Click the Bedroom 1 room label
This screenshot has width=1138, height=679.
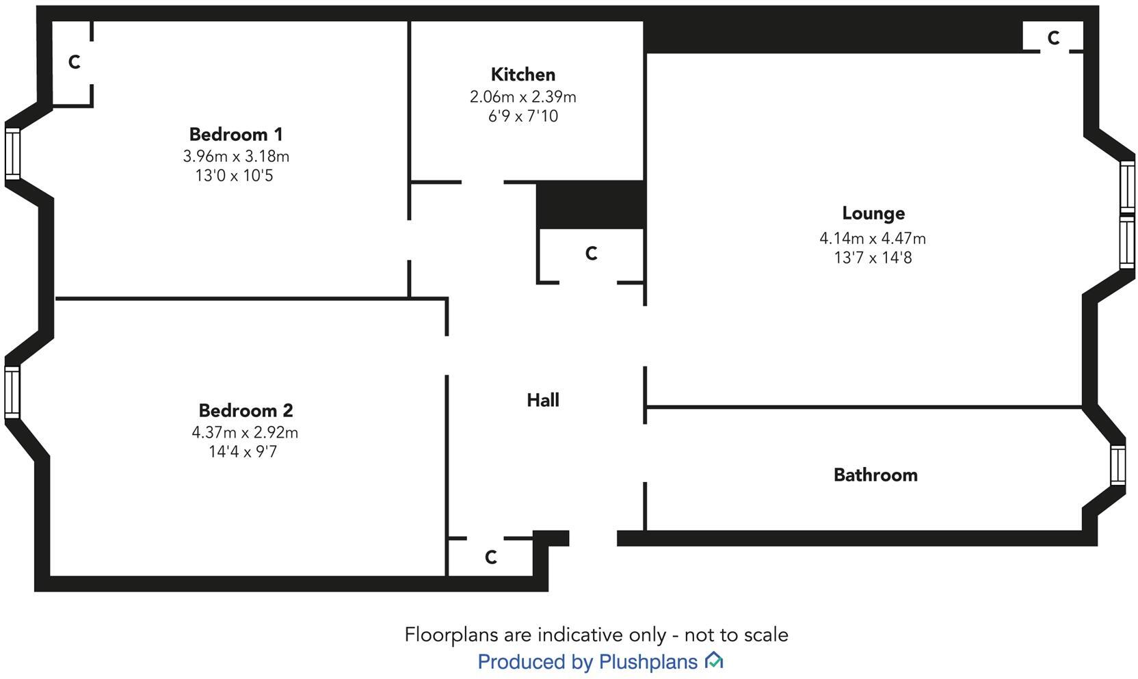click(x=235, y=134)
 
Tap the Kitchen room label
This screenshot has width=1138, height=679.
click(x=522, y=75)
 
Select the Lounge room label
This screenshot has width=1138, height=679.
click(x=873, y=213)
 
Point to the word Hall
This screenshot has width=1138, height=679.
click(x=542, y=400)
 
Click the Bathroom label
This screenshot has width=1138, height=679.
click(x=875, y=475)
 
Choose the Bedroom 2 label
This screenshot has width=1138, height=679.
click(x=245, y=410)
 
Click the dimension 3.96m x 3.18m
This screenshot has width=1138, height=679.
click(x=235, y=157)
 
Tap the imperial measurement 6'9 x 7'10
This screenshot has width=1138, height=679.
click(x=522, y=116)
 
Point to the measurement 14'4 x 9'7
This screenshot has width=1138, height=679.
click(x=243, y=452)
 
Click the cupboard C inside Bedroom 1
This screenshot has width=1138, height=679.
click(x=74, y=62)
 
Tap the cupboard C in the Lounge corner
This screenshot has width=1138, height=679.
click(x=1053, y=38)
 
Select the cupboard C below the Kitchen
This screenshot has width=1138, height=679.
click(x=591, y=254)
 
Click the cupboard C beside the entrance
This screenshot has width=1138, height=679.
click(x=490, y=557)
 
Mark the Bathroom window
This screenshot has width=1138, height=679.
click(x=1117, y=465)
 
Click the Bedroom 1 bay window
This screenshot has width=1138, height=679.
click(x=12, y=154)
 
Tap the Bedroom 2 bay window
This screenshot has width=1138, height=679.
click(x=12, y=392)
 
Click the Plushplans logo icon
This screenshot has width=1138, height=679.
click(x=714, y=661)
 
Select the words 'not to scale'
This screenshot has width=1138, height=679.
click(x=736, y=635)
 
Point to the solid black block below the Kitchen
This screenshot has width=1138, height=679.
click(x=591, y=204)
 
